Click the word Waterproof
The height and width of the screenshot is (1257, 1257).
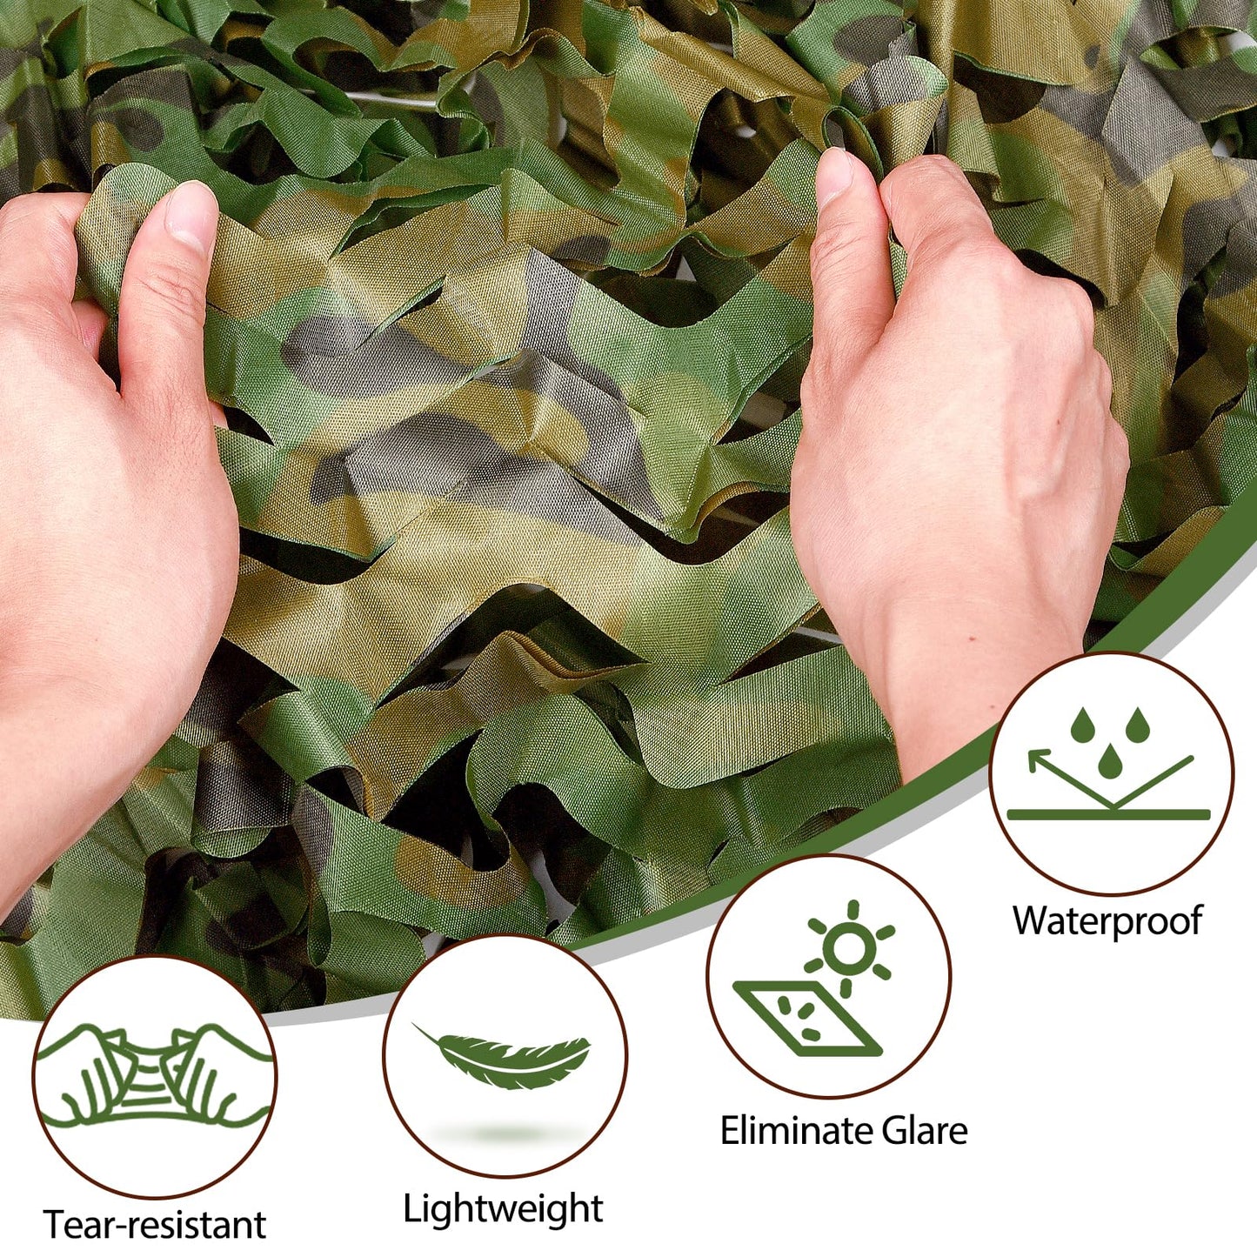1107,921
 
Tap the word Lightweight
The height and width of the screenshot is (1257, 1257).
503,1209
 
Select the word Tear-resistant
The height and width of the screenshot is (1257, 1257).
154,1225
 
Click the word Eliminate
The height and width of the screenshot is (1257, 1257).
790,1131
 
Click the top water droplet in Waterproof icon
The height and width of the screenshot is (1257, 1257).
1081,727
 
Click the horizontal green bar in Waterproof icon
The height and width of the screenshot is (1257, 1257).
1108,815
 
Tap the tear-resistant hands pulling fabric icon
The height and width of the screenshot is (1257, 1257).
154,1077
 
